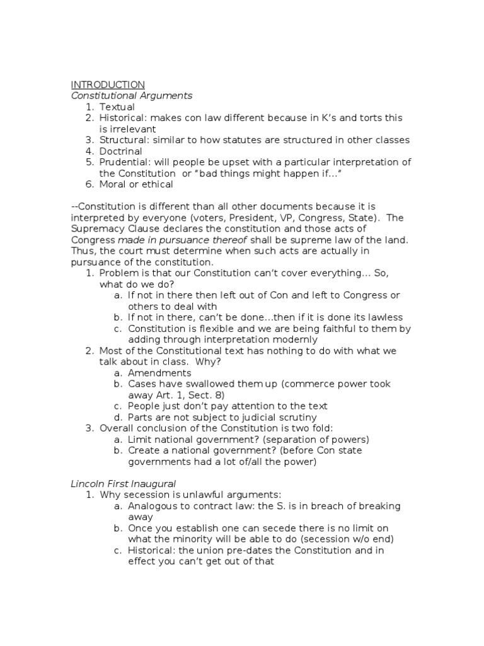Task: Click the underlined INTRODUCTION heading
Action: [108, 85]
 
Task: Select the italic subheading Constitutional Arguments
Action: [132, 96]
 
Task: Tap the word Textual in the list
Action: [117, 107]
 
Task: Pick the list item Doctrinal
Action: [121, 151]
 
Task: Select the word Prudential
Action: [124, 162]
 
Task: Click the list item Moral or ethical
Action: [136, 184]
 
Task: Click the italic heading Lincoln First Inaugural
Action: [123, 483]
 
